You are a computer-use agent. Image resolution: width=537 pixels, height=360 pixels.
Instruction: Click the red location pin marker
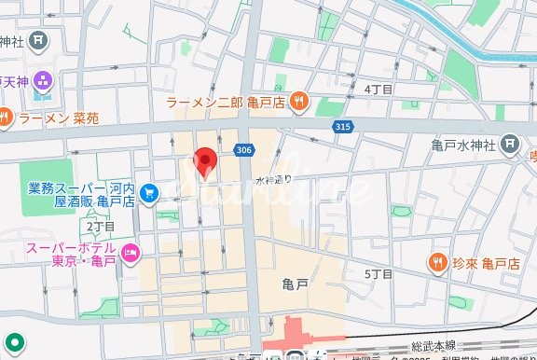(x=205, y=162)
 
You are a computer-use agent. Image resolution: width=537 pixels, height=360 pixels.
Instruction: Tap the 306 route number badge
(x=244, y=150)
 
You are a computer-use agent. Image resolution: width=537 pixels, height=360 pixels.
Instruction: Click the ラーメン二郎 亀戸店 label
(x=226, y=102)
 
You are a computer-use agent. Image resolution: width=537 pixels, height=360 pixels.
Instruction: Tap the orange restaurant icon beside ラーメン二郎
(x=298, y=102)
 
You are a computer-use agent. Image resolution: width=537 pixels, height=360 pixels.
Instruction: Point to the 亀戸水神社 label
(x=464, y=144)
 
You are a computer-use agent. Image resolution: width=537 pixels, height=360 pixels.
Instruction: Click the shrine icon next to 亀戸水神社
(x=510, y=144)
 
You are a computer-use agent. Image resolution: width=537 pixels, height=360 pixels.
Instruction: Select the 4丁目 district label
(x=378, y=89)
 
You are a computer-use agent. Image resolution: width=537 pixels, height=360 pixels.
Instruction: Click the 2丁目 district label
(x=100, y=227)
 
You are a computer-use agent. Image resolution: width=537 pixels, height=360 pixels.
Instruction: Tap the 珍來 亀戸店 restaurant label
(x=488, y=263)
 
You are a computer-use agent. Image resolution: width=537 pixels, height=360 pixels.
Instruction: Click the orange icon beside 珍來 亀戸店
(x=436, y=263)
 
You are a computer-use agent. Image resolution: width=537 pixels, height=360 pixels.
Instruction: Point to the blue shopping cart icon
(x=151, y=193)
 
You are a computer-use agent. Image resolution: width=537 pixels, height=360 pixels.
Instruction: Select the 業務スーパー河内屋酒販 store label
(x=82, y=193)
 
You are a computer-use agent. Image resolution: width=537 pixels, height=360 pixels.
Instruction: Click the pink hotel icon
(x=131, y=251)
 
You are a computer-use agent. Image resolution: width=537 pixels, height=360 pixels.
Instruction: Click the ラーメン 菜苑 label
(x=59, y=118)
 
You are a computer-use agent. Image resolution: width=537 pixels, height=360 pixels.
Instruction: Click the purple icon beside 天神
(x=42, y=81)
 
